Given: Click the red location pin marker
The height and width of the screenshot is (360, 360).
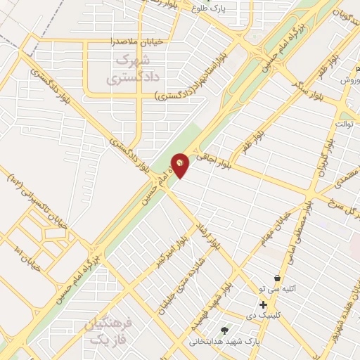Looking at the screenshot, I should pyautogui.click(x=180, y=165).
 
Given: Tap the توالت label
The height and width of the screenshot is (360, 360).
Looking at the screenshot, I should pyautogui.click(x=343, y=124).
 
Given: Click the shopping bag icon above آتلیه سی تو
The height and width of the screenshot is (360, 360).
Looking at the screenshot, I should pyautogui.click(x=280, y=277).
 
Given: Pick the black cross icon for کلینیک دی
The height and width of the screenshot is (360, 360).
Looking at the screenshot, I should pyautogui.click(x=263, y=304).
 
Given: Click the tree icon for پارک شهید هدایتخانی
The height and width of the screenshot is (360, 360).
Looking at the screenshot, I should pyautogui.click(x=225, y=330).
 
